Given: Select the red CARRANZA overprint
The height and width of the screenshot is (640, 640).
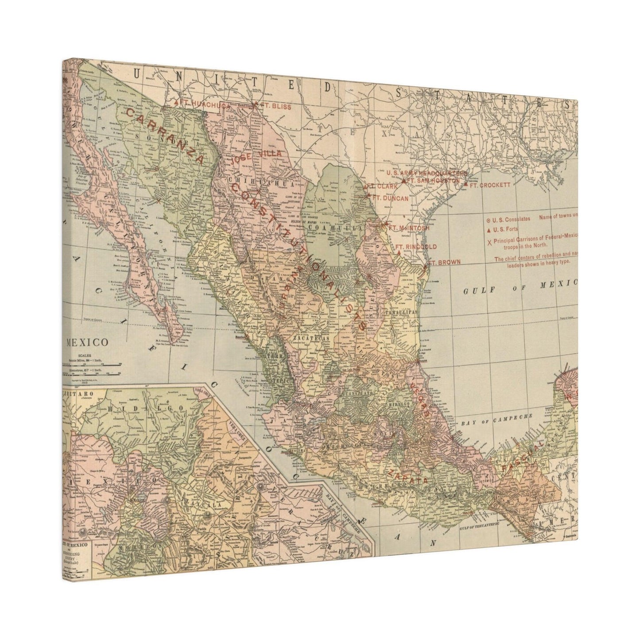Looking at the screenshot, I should (164, 136).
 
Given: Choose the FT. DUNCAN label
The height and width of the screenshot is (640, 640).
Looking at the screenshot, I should (390, 198).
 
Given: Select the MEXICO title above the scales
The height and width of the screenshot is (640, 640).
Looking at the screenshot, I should (87, 342).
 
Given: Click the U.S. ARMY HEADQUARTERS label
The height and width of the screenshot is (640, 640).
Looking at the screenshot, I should (425, 172).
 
